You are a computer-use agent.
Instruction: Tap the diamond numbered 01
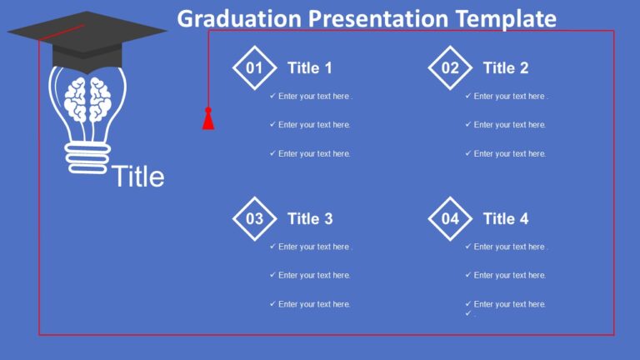point(254,68)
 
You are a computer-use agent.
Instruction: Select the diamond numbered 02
point(450,68)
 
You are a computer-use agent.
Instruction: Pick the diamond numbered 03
point(254,219)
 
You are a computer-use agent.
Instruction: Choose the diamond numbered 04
point(450,219)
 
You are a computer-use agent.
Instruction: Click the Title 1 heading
point(310,68)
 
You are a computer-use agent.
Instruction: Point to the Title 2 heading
point(506,68)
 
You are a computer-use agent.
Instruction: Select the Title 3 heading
point(310,219)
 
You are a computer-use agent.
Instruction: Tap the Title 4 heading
point(506,219)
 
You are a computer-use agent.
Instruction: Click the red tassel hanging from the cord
point(208,121)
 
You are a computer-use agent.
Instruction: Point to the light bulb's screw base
point(87,157)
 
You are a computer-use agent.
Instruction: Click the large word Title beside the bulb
point(137,177)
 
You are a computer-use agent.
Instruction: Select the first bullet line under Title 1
point(315,97)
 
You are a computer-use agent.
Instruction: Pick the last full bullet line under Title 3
point(314,304)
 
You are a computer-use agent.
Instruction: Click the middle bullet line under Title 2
point(510,125)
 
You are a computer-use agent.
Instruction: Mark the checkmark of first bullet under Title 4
point(468,247)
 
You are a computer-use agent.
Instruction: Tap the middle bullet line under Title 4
point(510,276)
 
